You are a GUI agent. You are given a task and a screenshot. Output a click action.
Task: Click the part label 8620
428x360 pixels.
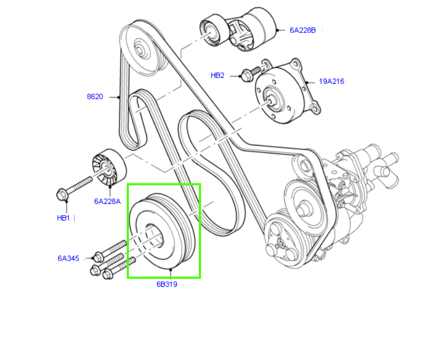tap(95, 97)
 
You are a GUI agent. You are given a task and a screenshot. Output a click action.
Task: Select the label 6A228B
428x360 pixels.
tap(303, 30)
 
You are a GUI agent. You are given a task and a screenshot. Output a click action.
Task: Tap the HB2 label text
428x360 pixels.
tap(217, 75)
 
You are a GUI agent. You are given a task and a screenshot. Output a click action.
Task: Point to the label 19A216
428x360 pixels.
tap(331, 81)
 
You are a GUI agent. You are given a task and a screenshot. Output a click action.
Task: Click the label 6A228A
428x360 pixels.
tap(108, 201)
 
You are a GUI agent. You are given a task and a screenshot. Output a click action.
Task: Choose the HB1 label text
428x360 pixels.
tap(64, 218)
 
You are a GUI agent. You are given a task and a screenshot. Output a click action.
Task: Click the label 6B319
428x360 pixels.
tap(167, 285)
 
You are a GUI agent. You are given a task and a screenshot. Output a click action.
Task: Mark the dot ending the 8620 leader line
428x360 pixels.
tap(119, 97)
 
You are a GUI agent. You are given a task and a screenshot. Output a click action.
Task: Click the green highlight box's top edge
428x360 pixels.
tap(164, 185)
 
